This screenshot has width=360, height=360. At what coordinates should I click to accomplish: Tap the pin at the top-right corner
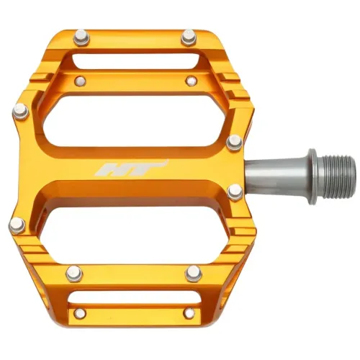coord(189,36)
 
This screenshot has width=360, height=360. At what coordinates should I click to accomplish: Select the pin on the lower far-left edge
coord(17,225)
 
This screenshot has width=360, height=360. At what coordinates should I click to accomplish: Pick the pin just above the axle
coord(234,142)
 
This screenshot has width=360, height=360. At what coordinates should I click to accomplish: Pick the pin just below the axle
coord(235,191)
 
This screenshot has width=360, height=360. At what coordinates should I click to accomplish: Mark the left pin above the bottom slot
coord(73,273)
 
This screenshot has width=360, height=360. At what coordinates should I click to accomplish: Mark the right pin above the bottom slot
coord(192,273)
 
